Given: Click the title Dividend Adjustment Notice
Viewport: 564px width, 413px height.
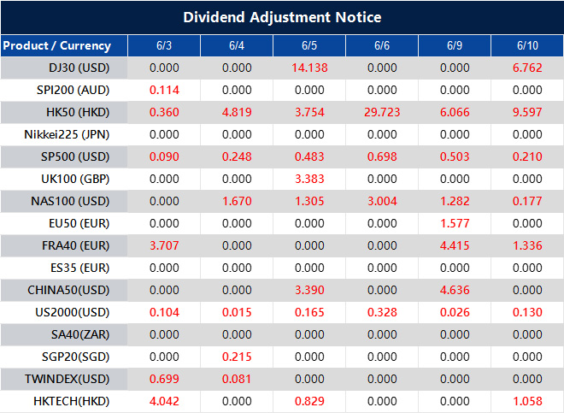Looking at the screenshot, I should [x=282, y=17].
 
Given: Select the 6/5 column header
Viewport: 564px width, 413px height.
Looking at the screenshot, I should [x=308, y=45].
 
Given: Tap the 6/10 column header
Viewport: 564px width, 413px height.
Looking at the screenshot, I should [x=527, y=45].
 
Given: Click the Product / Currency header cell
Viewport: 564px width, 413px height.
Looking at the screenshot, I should [x=56, y=45].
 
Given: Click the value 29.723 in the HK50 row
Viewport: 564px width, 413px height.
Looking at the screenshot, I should [x=381, y=112].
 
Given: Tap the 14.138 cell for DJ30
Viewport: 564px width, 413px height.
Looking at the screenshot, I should [x=308, y=68].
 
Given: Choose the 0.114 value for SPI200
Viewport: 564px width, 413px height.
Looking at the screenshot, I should [x=163, y=90].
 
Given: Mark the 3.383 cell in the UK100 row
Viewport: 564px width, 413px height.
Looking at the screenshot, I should [x=308, y=179].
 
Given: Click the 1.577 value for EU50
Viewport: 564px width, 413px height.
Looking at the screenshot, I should [x=455, y=223].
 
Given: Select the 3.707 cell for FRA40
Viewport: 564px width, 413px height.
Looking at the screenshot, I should [x=163, y=245].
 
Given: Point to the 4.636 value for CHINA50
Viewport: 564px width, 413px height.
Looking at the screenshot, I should [x=455, y=289].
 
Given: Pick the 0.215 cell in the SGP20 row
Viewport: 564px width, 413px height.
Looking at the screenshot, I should [x=236, y=356].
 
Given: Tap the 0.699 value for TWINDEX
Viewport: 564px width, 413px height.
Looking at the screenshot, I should [x=163, y=377].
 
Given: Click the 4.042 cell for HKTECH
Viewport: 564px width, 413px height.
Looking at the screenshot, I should [x=163, y=399].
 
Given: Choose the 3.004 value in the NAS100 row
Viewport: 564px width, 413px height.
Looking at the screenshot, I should [x=381, y=201].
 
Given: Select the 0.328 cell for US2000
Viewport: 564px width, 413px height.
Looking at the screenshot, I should [x=381, y=311].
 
